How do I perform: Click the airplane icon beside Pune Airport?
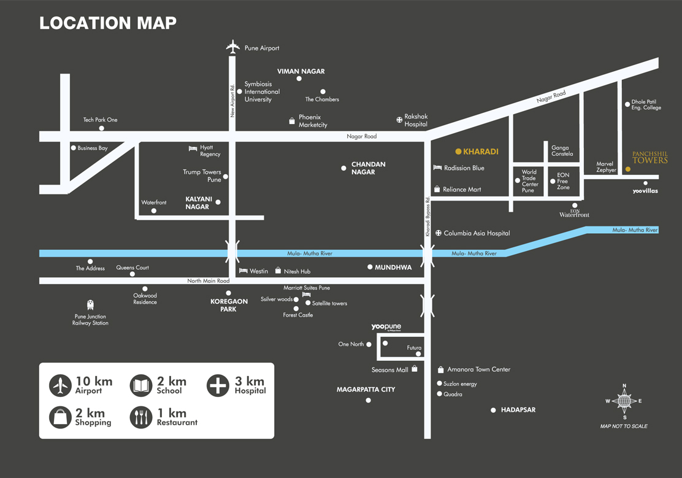point(232,47)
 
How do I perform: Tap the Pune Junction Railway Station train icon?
point(91,305)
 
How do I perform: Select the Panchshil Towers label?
point(649,157)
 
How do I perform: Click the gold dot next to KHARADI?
point(458,152)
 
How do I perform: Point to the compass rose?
point(624,401)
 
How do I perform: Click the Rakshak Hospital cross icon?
point(399,120)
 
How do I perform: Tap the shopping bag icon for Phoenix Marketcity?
point(292,121)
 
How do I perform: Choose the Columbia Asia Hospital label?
point(477,233)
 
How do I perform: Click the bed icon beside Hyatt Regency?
point(193,148)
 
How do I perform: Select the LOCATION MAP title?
point(108,23)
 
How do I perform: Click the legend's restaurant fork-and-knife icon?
point(141,417)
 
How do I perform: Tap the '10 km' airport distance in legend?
point(94,381)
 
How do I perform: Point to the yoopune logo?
point(386,328)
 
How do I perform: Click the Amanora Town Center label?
point(478,369)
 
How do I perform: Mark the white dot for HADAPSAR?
point(493,410)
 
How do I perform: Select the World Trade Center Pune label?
point(529,181)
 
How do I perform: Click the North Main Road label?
point(208,281)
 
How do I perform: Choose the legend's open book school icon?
point(141,385)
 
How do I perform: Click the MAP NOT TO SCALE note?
point(624,426)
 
